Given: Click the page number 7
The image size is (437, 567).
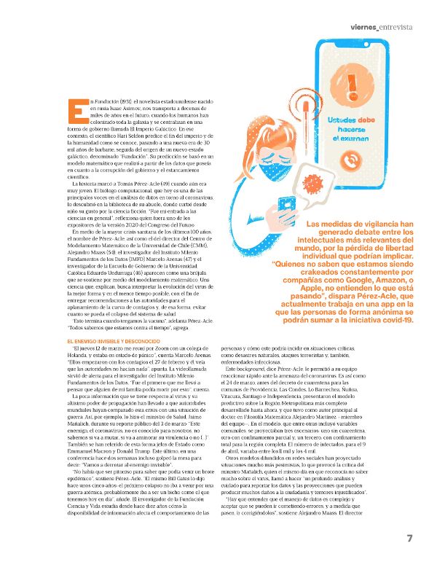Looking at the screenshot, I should point(410,538).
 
